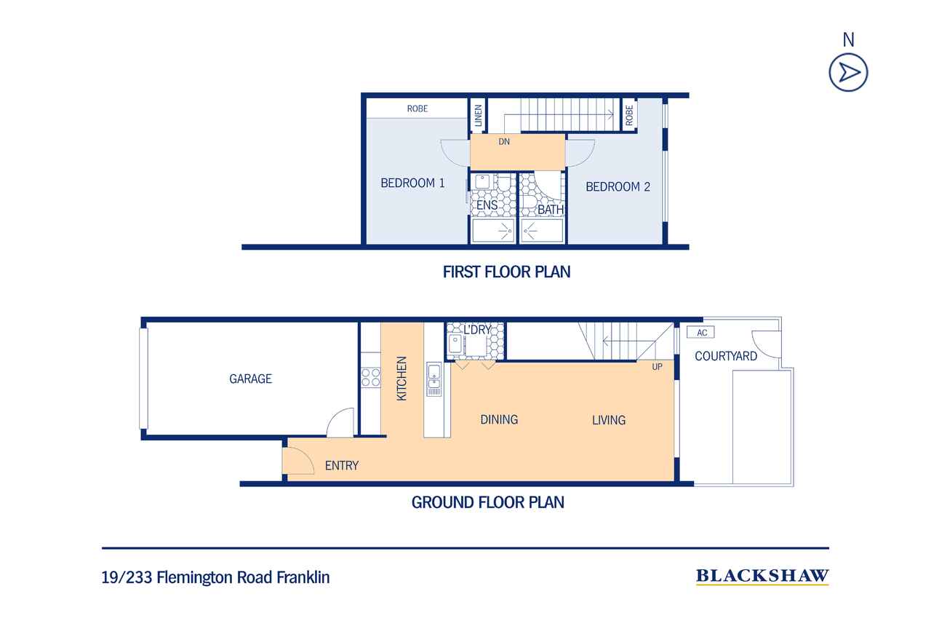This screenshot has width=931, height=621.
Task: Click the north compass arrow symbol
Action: click(848, 72)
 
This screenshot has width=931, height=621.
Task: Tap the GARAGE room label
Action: click(251, 379)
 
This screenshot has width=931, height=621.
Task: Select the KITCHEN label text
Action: click(401, 379)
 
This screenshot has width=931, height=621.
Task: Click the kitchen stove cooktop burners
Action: click(371, 378)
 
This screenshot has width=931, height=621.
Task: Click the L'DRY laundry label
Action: click(478, 330)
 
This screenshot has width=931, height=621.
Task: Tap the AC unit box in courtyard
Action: click(700, 332)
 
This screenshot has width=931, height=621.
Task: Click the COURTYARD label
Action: click(726, 356)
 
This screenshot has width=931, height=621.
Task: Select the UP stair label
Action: click(657, 367)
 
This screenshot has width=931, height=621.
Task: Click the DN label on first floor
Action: click(504, 142)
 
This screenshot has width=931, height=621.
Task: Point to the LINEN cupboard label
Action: click(478, 115)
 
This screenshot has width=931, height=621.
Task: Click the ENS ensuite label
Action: click(487, 205)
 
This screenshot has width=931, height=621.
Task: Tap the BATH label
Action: click(551, 210)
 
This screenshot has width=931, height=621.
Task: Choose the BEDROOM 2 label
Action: click(618, 187)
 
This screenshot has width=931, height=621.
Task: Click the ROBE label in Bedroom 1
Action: click(417, 109)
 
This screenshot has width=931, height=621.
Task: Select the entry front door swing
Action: click(298, 461)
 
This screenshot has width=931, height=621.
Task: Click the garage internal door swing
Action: click(340, 422)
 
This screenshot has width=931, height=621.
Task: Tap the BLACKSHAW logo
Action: click(762, 577)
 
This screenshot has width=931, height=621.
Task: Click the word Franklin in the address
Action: click(303, 577)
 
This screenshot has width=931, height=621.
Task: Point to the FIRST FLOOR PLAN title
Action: click(506, 272)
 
